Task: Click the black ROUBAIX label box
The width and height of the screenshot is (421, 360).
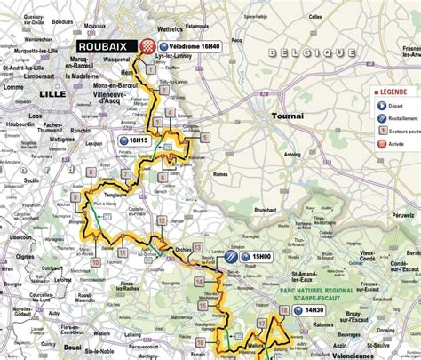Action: (106, 46)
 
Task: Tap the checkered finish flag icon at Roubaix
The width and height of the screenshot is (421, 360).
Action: (148, 46)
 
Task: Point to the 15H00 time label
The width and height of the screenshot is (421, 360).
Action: (260, 256)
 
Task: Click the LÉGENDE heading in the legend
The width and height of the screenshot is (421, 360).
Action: (395, 91)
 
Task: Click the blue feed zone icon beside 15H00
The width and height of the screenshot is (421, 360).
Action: (230, 256)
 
